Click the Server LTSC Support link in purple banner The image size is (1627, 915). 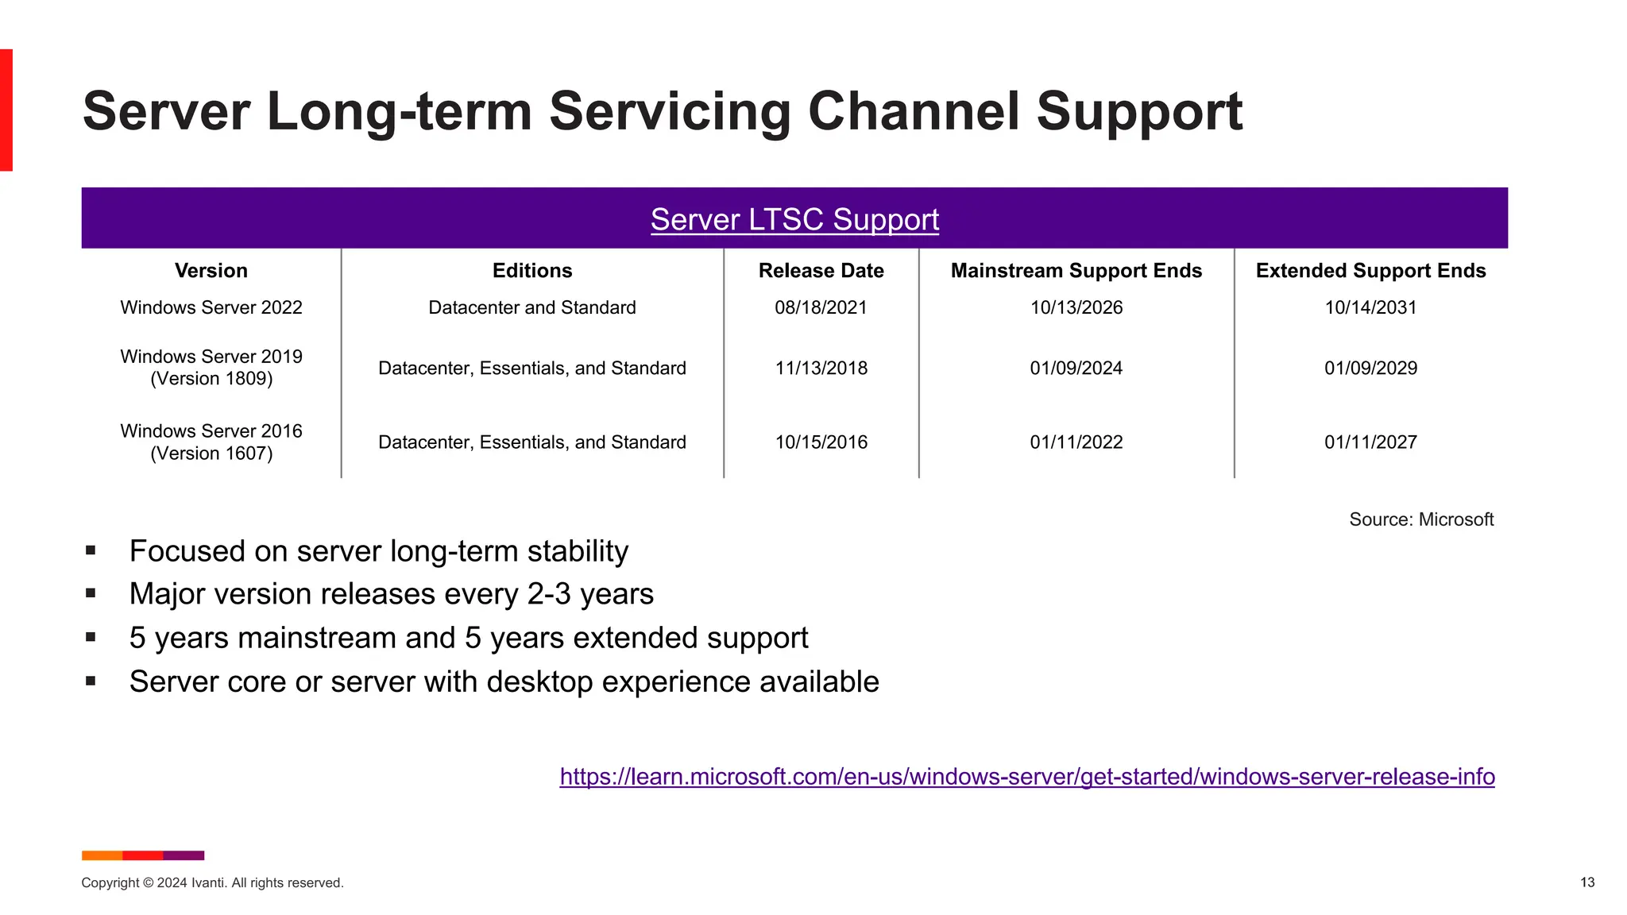coord(794,220)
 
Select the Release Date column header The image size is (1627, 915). coord(821,271)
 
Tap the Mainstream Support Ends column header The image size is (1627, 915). coord(1076,271)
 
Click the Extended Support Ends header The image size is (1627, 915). coord(1370,271)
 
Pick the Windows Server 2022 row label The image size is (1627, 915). coord(211,307)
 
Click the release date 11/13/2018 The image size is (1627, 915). coord(821,368)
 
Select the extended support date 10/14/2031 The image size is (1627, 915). coord(1370,307)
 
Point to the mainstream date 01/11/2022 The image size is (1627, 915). coord(1076,442)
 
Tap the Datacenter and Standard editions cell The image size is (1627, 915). coord(531,307)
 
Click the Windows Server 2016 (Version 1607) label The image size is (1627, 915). coord(211,442)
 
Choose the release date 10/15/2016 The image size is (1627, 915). coord(821,442)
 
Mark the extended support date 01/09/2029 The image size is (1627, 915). coord(1370,368)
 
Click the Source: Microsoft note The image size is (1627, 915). coord(1420,519)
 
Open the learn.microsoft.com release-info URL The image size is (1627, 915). coord(1026,776)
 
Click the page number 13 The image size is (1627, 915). coord(1586,882)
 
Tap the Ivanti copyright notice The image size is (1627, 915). coord(212,882)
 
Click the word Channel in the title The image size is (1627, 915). coord(914,111)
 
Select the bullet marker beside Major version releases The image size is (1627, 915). coord(91,593)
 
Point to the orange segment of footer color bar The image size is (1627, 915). coord(102,855)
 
